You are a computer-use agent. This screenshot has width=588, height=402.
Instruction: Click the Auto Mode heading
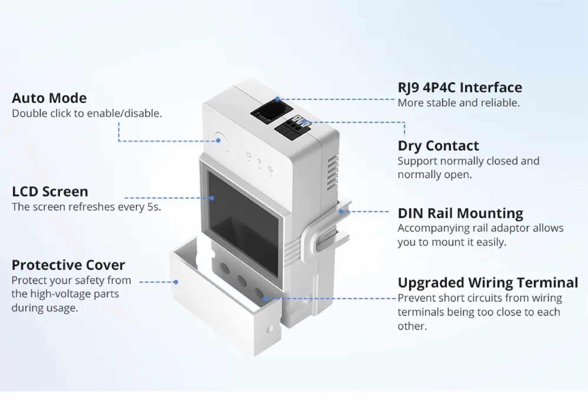click(49, 98)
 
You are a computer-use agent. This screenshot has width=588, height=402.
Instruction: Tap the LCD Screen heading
click(50, 192)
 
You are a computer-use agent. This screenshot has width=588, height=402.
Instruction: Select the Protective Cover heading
click(68, 265)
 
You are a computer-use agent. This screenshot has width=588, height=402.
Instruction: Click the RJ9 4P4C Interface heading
click(460, 88)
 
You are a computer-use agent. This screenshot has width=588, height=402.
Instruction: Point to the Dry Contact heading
click(438, 146)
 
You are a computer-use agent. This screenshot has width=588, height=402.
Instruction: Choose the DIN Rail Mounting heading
click(460, 213)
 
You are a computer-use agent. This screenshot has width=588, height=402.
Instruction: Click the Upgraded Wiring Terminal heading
click(488, 283)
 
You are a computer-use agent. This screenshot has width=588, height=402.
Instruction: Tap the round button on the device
click(221, 142)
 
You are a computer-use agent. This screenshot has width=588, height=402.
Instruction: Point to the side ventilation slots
click(332, 172)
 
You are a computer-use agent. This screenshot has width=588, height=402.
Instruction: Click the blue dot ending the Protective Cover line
click(176, 282)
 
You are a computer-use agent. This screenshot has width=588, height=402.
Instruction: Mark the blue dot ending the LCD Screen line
click(212, 198)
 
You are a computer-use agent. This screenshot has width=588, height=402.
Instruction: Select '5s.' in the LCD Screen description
click(154, 207)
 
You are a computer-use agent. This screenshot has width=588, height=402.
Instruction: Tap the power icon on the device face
click(248, 155)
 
